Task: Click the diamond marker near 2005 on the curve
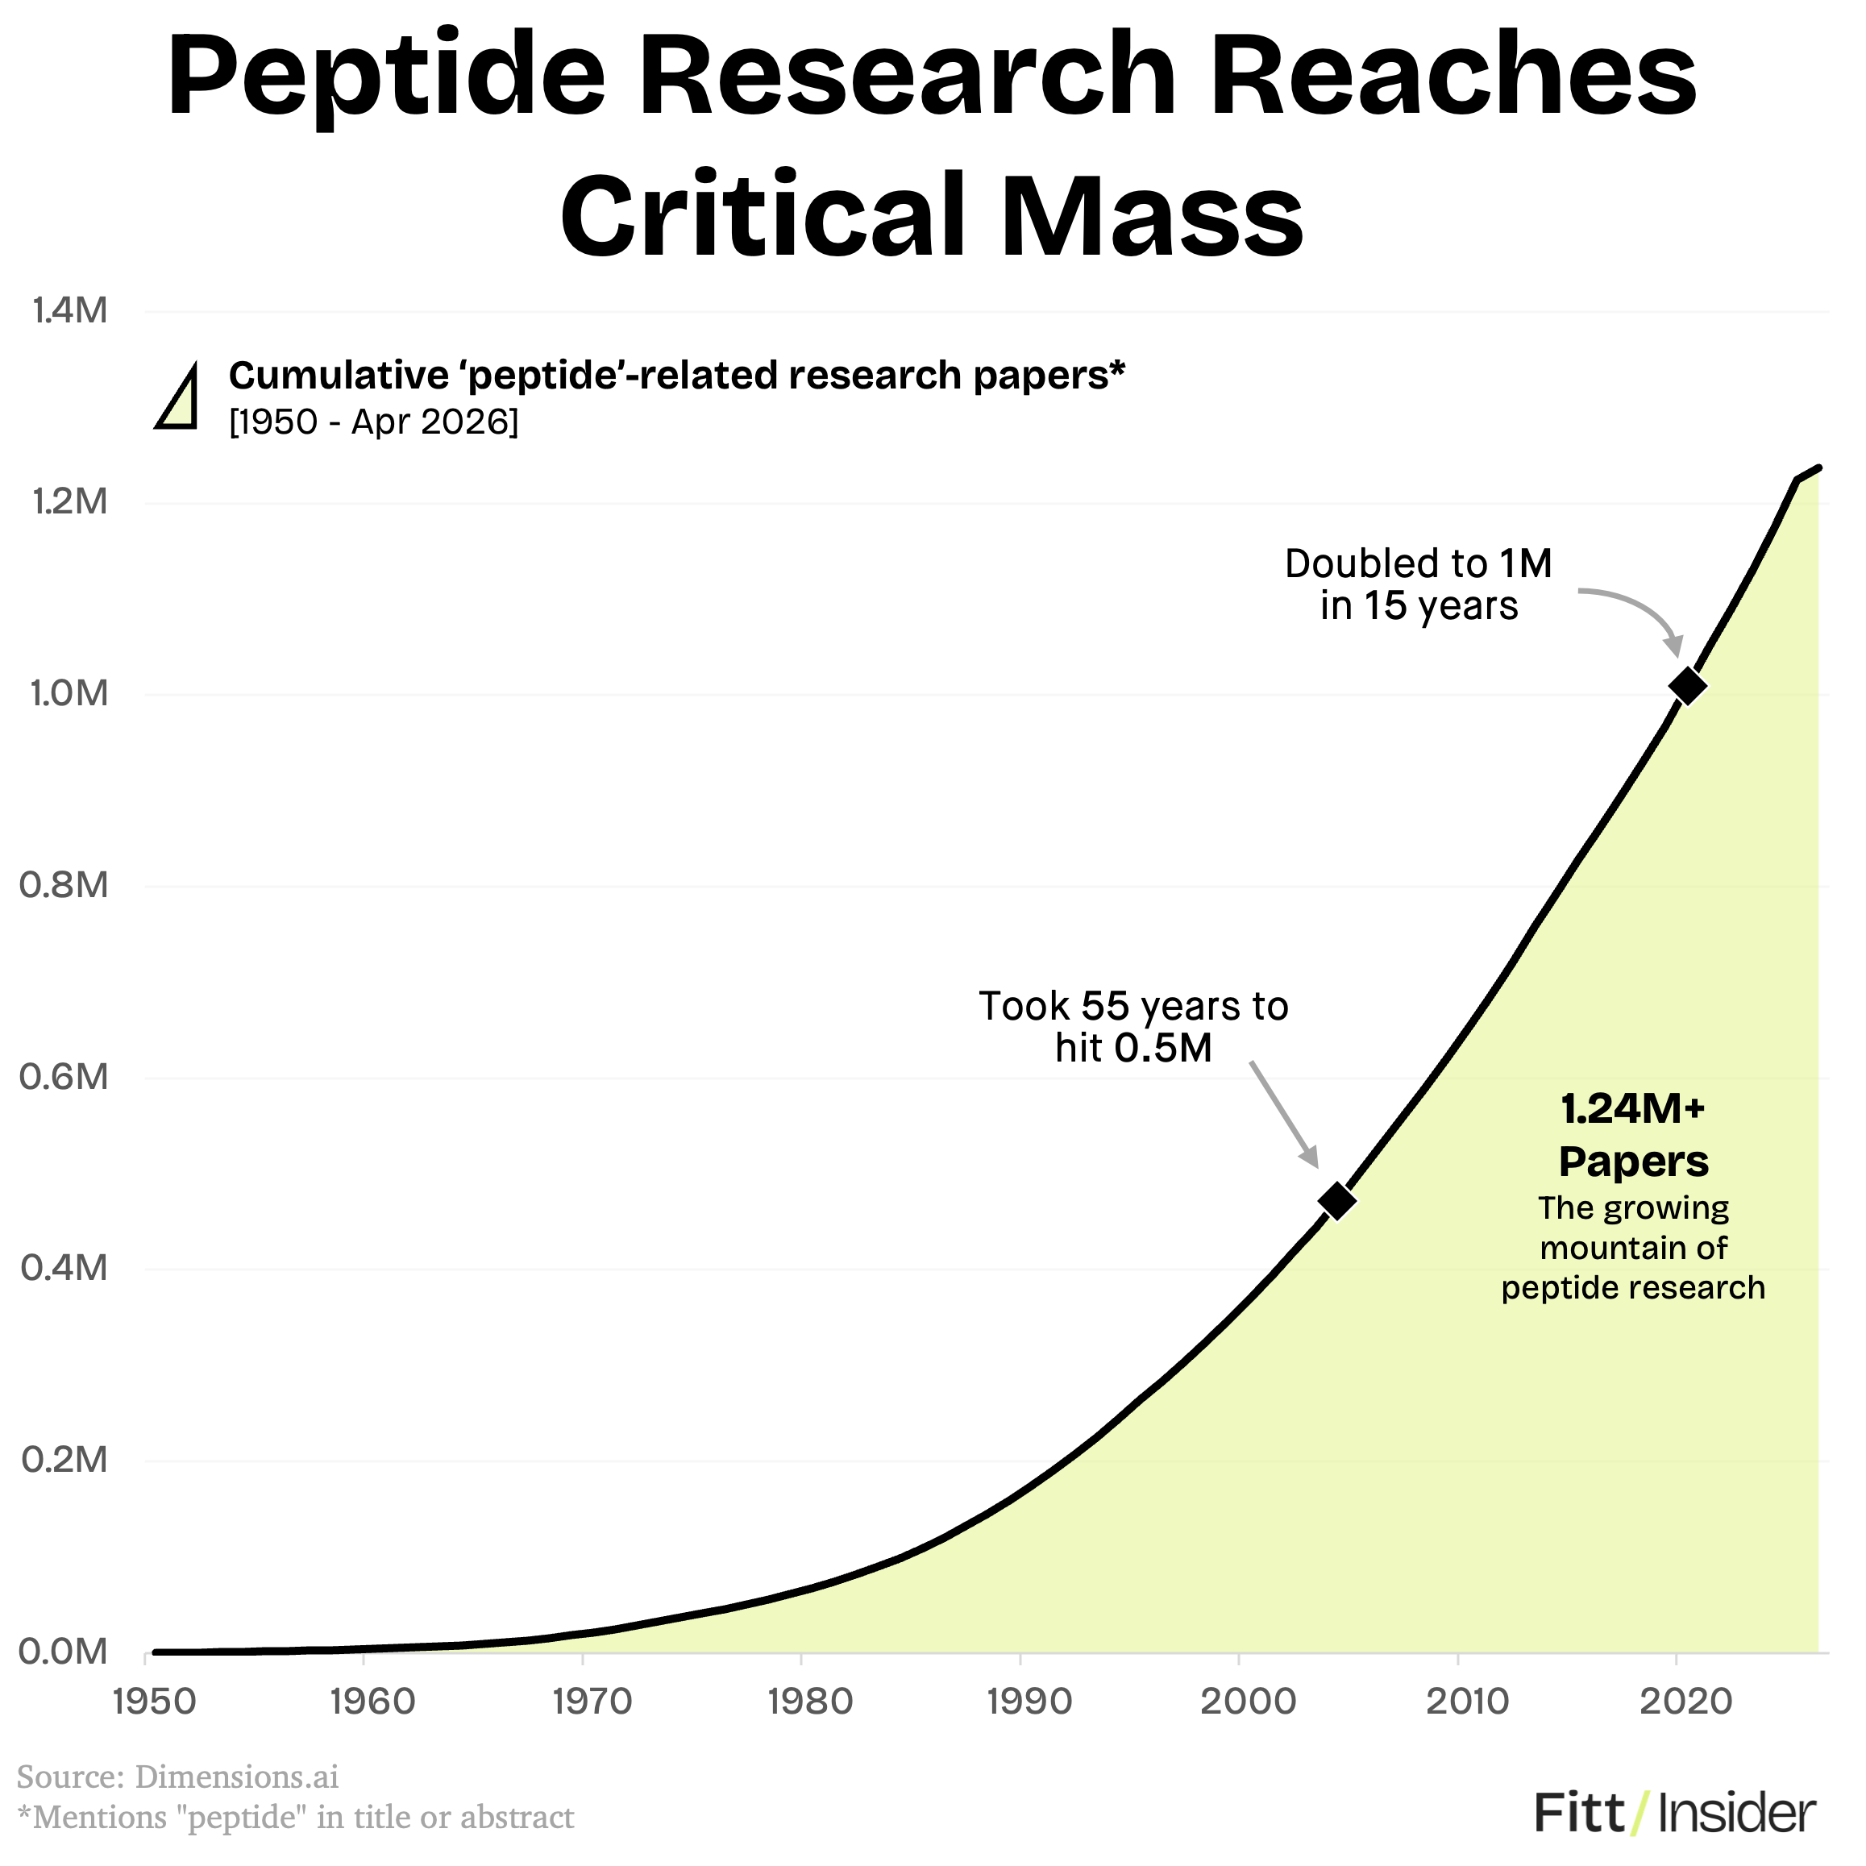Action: click(1336, 1200)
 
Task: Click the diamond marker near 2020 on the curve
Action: click(1687, 686)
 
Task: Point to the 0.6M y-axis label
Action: click(64, 1077)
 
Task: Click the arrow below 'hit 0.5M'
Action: click(1285, 1115)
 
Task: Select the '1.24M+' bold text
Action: click(1632, 1110)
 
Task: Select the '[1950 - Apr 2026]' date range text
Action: click(373, 422)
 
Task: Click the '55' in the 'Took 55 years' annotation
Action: click(1105, 1007)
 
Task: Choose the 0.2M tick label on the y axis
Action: click(64, 1460)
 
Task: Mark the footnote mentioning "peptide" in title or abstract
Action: click(296, 1818)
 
